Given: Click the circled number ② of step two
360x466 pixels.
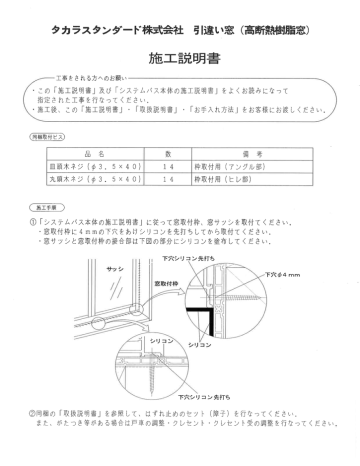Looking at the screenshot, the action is [34, 411].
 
